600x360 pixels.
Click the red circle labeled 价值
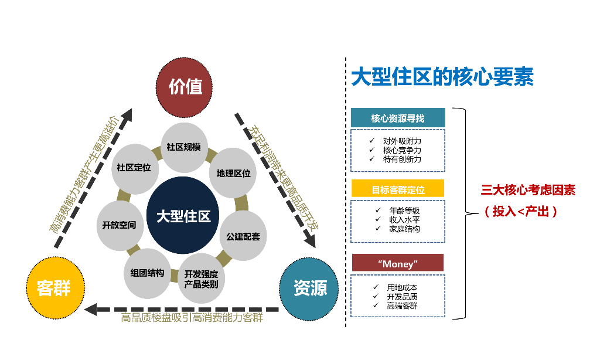point(185,87)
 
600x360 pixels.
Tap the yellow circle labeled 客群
point(53,287)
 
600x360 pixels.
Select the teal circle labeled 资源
point(309,287)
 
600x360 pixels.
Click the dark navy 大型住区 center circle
point(183,216)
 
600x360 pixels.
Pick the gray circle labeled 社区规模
point(183,147)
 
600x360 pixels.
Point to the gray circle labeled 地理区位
point(233,174)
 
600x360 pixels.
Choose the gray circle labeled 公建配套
point(243,236)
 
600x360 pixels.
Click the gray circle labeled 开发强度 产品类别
point(201,279)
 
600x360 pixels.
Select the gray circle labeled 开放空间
point(119,225)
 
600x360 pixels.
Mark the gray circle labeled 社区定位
point(134,168)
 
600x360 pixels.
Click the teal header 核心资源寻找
point(398,118)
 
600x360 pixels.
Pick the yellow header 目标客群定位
point(398,189)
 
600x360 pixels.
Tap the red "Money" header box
point(398,263)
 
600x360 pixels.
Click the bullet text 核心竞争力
point(402,150)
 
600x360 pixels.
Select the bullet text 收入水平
point(404,219)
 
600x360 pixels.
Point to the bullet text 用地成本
point(402,287)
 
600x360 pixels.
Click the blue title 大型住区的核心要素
point(442,78)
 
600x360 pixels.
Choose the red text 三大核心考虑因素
point(528,191)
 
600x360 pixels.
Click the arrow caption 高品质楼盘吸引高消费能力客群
point(192,318)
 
